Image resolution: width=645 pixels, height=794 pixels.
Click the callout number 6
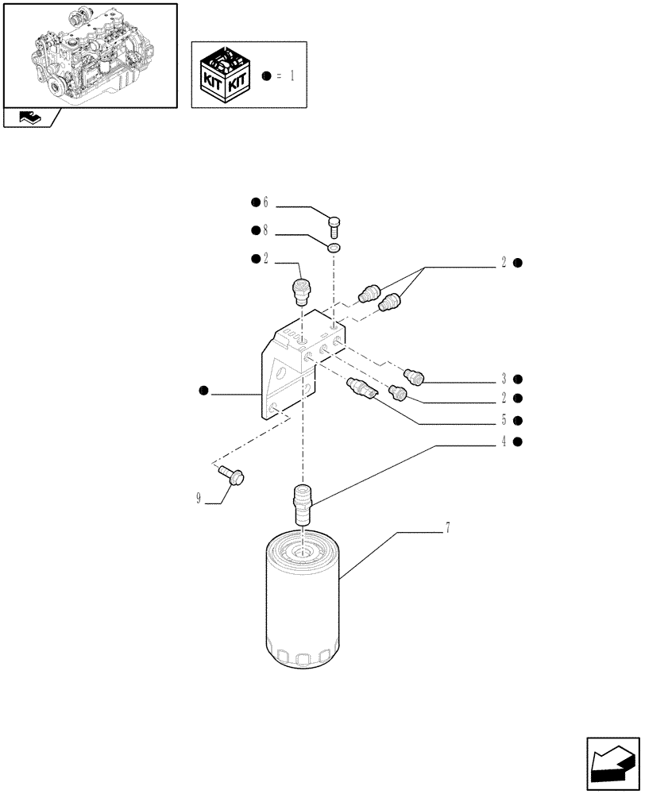(x=266, y=203)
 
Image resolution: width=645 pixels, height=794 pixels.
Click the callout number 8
(x=266, y=230)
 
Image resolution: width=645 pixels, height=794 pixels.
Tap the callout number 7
(x=448, y=528)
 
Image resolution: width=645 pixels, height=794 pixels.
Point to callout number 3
(x=504, y=379)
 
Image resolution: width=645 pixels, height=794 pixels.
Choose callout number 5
(x=504, y=420)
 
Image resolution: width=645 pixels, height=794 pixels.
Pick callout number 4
(x=504, y=441)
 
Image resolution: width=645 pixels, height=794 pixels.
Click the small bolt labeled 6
(x=334, y=227)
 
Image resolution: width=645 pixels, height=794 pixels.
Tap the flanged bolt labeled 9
(x=231, y=476)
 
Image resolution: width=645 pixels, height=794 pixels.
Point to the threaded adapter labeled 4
(x=302, y=502)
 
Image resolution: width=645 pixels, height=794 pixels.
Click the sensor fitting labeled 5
(x=365, y=390)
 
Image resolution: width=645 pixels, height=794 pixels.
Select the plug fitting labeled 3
(x=415, y=376)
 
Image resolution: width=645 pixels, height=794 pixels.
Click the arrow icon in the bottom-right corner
(x=612, y=763)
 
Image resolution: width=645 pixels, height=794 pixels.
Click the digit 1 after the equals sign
(x=292, y=76)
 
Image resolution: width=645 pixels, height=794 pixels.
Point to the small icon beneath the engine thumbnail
(x=30, y=118)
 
